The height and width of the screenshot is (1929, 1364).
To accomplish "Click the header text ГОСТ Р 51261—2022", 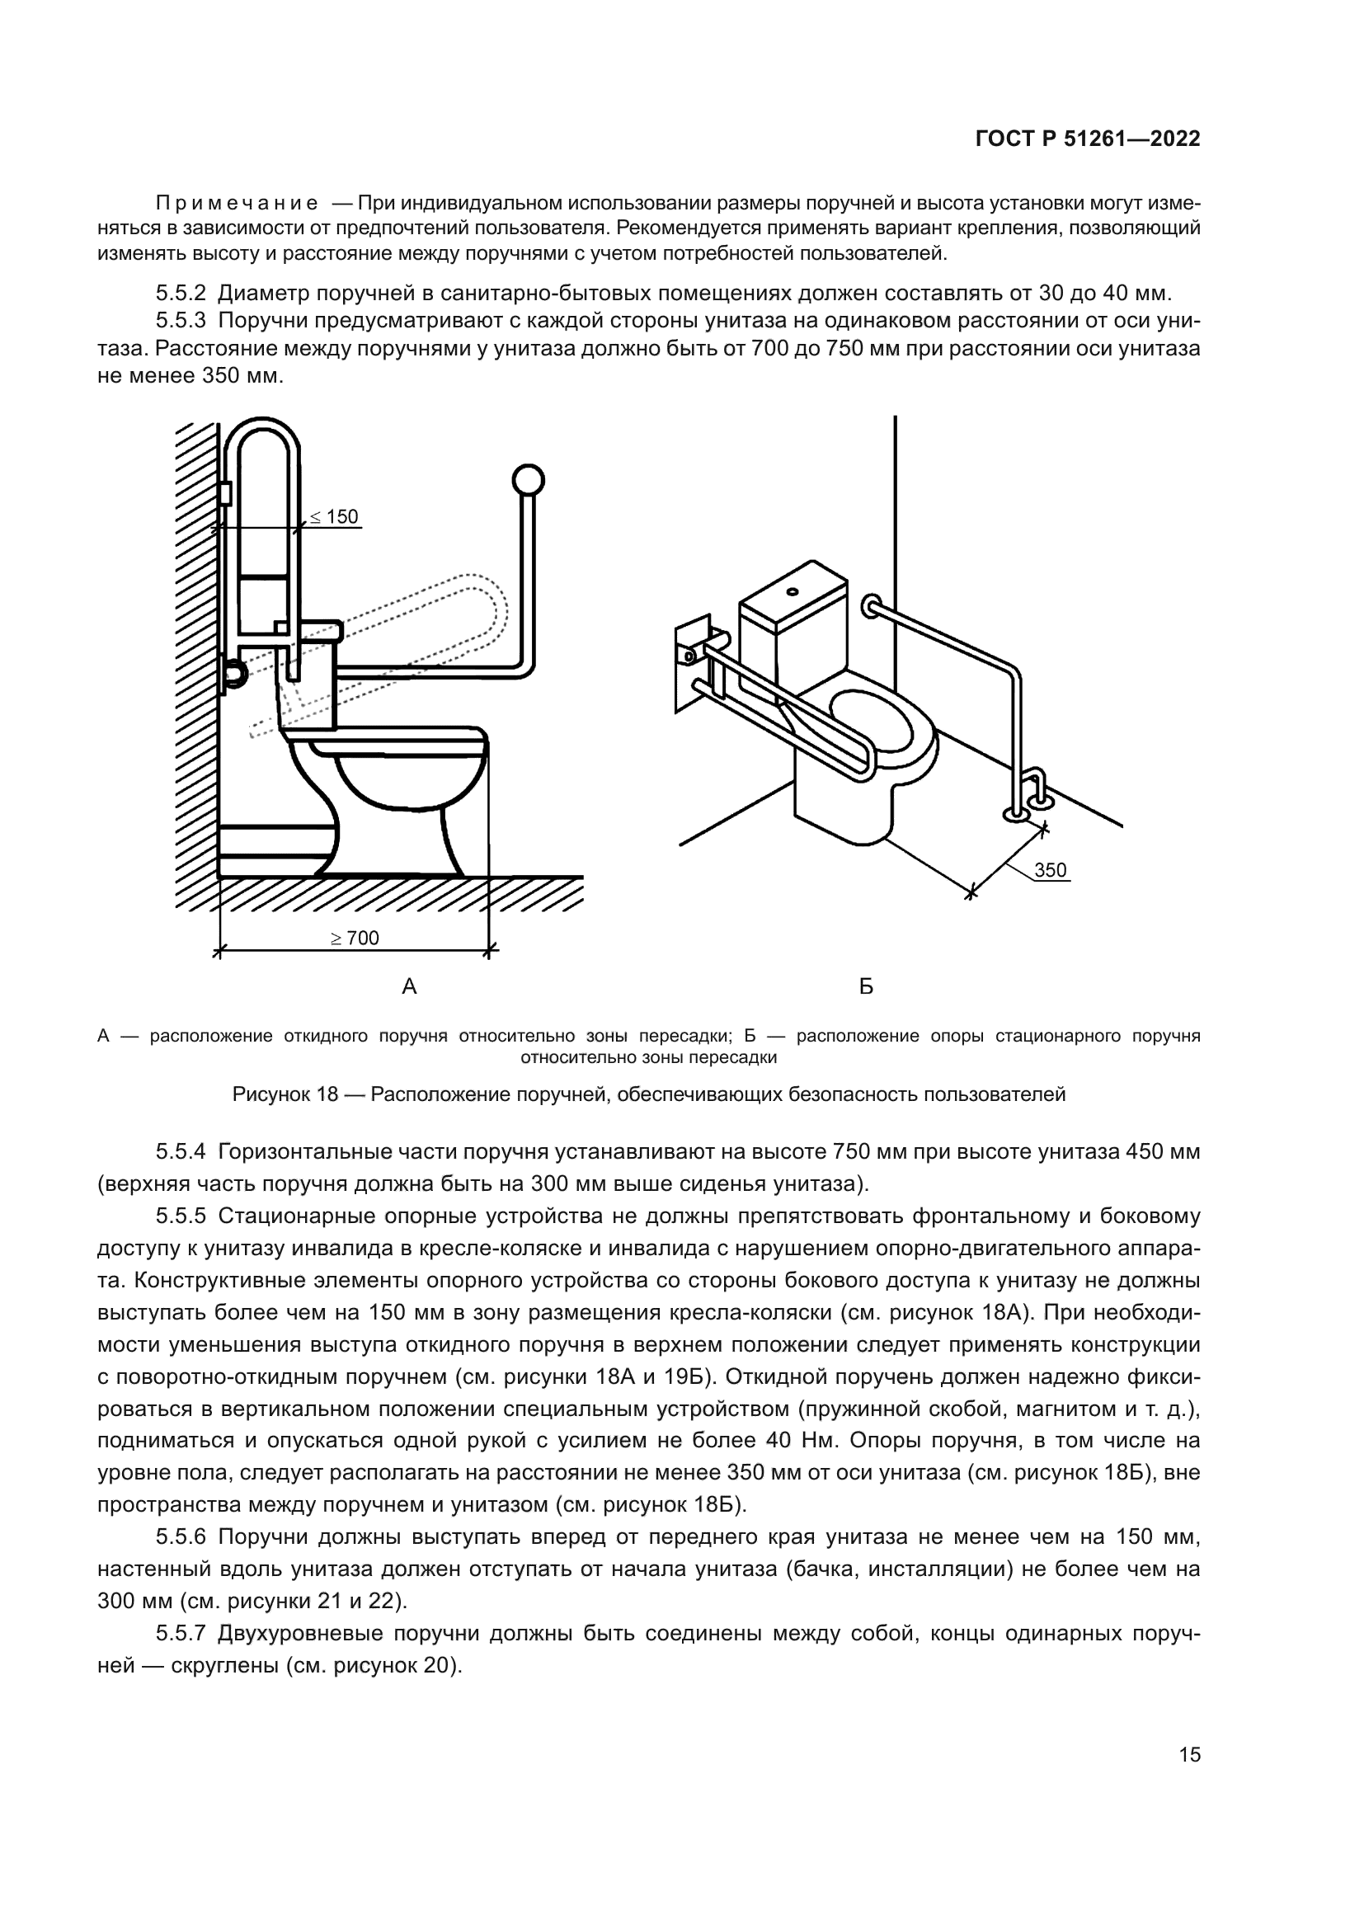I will coord(1088,139).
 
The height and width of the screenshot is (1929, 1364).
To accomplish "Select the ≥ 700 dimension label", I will coord(355,938).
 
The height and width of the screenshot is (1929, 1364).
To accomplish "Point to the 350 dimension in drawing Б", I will coord(1050,869).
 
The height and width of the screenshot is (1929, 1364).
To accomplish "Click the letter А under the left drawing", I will coord(409,986).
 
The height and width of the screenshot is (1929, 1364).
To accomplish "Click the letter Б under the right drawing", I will coord(866,986).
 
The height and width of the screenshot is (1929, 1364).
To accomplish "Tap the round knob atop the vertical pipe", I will coord(528,481).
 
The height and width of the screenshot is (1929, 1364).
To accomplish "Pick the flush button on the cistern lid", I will coord(792,590).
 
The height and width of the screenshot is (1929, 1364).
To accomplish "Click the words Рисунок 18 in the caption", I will coord(285,1094).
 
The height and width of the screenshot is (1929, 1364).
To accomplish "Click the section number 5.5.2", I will coord(181,294).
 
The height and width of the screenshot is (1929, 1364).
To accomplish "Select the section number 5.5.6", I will coord(181,1537).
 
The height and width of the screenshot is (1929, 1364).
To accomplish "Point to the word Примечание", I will coord(237,205).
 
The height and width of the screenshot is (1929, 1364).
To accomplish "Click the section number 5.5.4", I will coord(181,1151).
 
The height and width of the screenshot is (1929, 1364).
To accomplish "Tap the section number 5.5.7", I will coord(181,1633).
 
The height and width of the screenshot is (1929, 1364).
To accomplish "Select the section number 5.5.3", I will coord(181,321).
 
